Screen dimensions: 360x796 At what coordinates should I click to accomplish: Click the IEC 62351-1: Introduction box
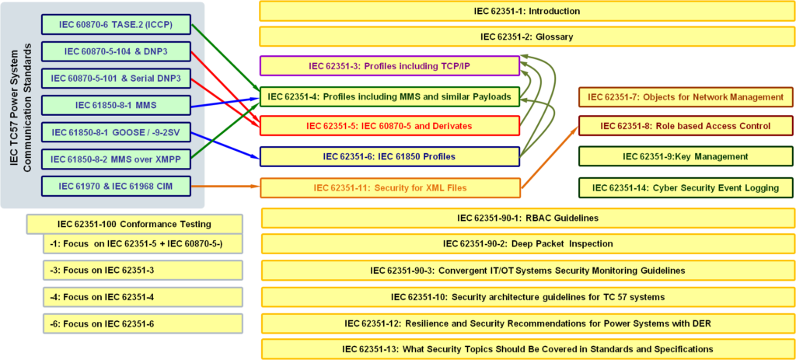point(526,11)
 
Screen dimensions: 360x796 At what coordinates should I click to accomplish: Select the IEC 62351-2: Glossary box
point(526,37)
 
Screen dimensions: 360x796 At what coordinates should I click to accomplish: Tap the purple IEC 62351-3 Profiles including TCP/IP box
point(389,66)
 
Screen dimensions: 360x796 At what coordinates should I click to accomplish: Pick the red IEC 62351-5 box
point(389,126)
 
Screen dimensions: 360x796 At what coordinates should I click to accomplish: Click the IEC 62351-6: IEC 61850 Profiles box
point(389,156)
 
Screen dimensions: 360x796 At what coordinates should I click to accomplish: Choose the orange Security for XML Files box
point(389,187)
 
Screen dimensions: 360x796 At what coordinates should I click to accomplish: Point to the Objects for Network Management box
point(685,97)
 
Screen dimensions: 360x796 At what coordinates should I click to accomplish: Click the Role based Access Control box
point(685,126)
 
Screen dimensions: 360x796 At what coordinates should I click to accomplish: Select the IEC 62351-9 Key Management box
point(685,156)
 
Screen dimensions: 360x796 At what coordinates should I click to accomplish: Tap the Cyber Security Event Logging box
point(685,187)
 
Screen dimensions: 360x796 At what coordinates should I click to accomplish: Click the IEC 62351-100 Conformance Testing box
point(134,224)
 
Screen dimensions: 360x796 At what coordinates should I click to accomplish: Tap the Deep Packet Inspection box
point(528,243)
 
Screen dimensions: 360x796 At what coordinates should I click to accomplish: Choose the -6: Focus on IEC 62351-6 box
point(142,323)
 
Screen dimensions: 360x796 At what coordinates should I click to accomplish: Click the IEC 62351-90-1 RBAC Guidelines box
point(528,218)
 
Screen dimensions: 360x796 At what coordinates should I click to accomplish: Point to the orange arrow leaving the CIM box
point(225,187)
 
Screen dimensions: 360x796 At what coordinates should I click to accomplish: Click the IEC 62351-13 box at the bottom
point(528,349)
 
